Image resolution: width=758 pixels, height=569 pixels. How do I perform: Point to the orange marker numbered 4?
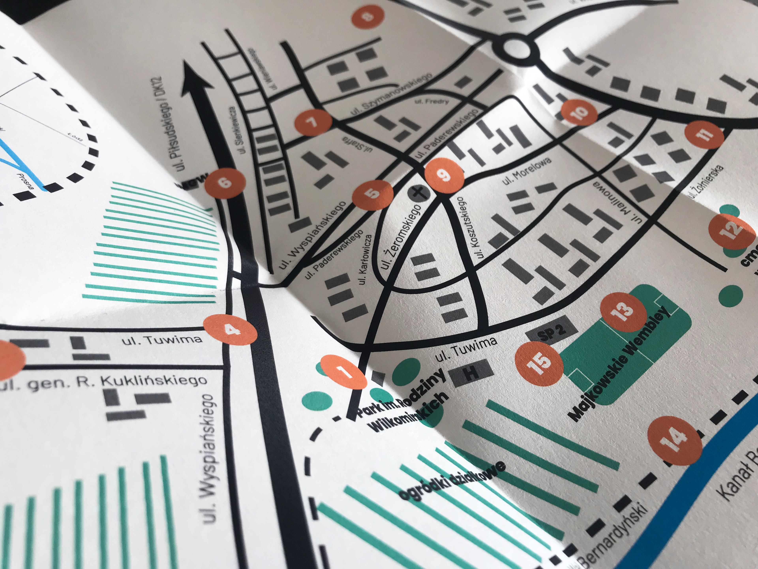(230, 330)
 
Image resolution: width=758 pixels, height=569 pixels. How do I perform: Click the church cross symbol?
(417, 194)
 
